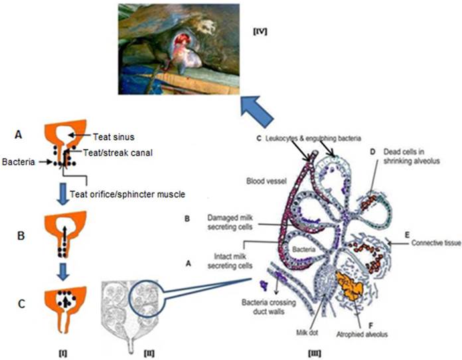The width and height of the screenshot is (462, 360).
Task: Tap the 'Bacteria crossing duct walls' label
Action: click(x=266, y=313)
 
